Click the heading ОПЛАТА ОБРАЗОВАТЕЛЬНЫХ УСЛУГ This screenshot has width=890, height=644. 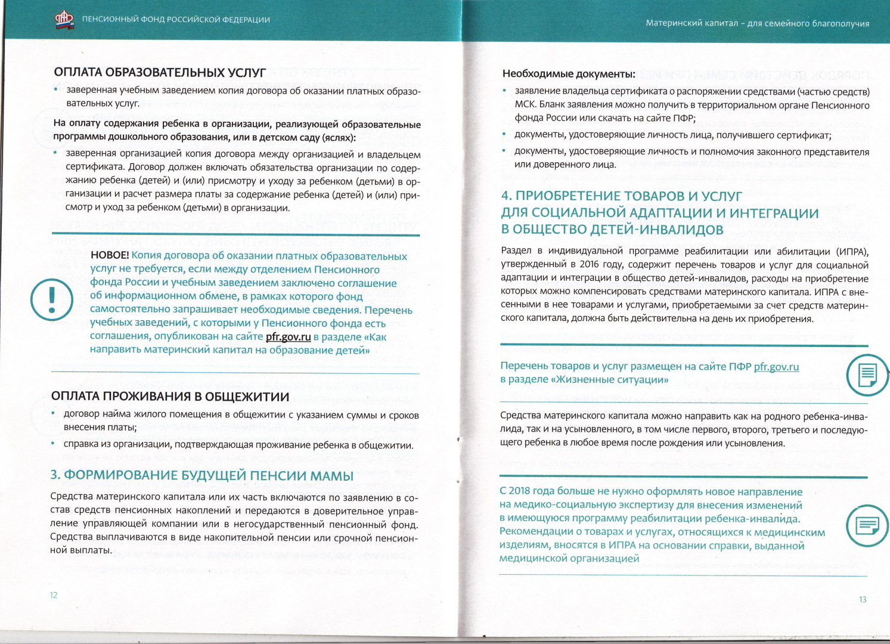pos(160,73)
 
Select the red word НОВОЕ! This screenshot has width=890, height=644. pos(110,256)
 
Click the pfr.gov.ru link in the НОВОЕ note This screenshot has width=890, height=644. pos(289,337)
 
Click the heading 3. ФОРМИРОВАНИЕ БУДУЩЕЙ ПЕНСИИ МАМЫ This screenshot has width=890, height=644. pos(201,475)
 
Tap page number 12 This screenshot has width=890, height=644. pos(54,595)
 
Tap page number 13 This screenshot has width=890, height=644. pos(862,599)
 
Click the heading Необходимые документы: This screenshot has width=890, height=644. pos(569,74)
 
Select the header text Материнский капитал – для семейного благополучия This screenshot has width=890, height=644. pos(757,24)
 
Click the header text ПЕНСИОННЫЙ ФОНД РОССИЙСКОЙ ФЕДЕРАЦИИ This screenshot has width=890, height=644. pos(176,20)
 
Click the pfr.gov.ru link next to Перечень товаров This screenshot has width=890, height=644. pos(776,367)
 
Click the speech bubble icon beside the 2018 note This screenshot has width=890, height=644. pos(867,525)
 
